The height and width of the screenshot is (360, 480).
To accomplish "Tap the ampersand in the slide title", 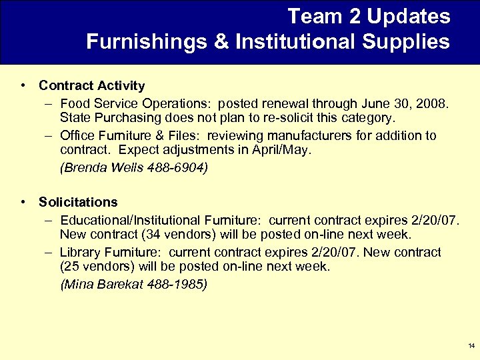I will (221, 42).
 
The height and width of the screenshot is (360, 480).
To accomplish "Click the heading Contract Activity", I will (91, 85).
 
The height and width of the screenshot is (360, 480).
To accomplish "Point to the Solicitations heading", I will (78, 202).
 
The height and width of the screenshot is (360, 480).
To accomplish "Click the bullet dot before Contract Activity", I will (23, 85).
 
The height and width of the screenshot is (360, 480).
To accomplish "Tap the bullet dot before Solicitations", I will (23, 202).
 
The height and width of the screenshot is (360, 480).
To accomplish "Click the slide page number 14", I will (471, 346).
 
